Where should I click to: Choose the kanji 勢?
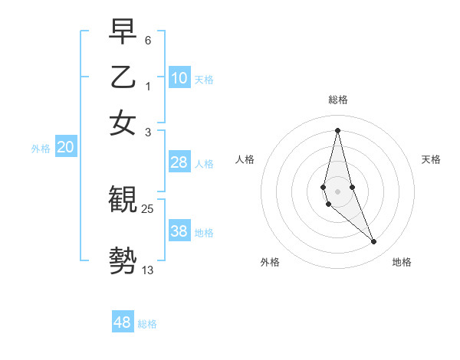click(123, 260)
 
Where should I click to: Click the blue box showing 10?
click(179, 78)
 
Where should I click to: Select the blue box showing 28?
click(179, 162)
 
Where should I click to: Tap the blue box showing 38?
click(179, 231)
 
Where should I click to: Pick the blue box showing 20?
click(65, 148)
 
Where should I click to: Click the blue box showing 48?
click(123, 322)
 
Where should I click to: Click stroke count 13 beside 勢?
click(148, 270)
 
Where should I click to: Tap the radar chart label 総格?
click(338, 100)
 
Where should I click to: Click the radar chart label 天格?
click(431, 159)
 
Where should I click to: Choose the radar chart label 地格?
click(402, 262)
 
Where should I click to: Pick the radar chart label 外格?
click(270, 262)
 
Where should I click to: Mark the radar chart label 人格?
click(245, 159)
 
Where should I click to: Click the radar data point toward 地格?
click(374, 242)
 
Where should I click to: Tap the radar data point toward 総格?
click(338, 130)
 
